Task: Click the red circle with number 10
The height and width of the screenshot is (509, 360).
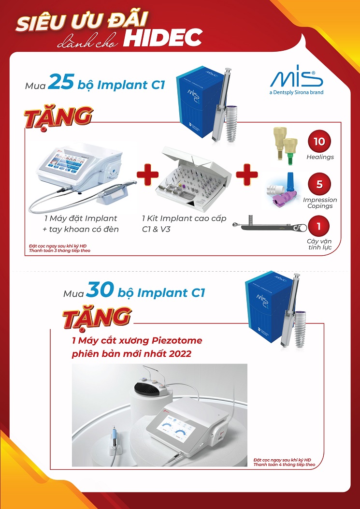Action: [x=319, y=142]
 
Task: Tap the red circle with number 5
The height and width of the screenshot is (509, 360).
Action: [x=319, y=184]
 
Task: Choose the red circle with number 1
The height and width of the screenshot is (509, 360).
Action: [x=319, y=226]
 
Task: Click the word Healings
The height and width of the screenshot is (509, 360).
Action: [x=320, y=157]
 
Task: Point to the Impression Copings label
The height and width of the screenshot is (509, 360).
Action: [x=320, y=203]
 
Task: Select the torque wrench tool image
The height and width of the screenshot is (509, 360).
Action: [x=270, y=226]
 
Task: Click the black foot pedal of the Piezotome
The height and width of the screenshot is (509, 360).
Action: [x=148, y=389]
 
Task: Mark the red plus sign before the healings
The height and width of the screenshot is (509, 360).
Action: [x=247, y=175]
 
